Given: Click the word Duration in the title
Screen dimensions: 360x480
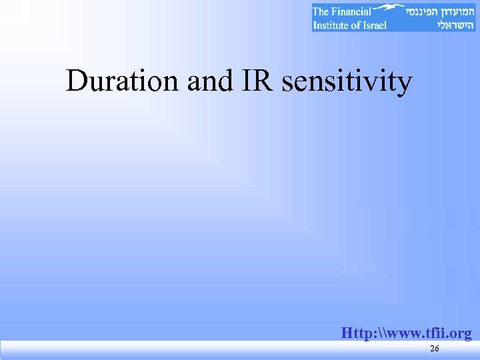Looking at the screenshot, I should coord(122,82).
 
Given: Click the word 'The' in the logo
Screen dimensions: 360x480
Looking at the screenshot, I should coord(322,11).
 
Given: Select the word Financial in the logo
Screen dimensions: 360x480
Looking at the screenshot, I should coord(351,11).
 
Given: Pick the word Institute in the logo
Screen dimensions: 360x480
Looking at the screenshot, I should coord(333,25).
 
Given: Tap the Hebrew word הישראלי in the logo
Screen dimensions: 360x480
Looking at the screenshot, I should coord(454,25).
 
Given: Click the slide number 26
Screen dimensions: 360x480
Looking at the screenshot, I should coord(434,349).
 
